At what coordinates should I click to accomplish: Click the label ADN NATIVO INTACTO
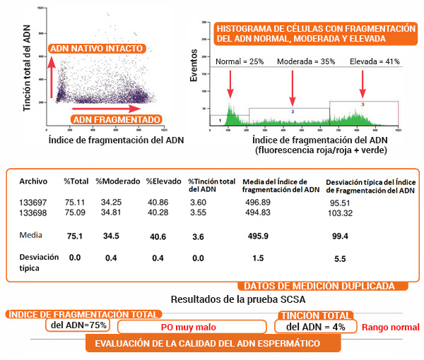click(98, 49)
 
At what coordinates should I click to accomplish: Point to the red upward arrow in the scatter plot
click(51, 78)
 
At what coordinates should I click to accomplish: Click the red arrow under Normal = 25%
click(230, 83)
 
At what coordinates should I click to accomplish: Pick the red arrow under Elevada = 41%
click(363, 83)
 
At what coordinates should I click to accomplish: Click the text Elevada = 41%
click(375, 61)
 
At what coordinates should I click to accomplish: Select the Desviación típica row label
click(35, 263)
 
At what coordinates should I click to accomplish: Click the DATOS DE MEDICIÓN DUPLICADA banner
click(325, 287)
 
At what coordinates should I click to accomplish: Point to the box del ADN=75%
click(79, 325)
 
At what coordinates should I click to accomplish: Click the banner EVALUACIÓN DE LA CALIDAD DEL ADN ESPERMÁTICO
click(213, 344)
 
